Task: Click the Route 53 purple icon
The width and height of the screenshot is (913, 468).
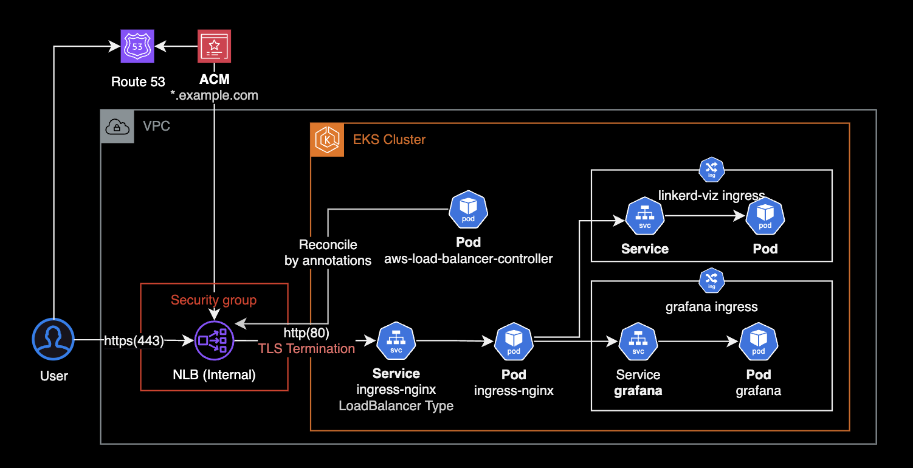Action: click(x=137, y=46)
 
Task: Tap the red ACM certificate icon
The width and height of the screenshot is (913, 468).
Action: click(x=214, y=46)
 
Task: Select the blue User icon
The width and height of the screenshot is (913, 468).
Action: click(x=53, y=339)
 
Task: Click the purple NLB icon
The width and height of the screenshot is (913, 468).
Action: click(x=213, y=341)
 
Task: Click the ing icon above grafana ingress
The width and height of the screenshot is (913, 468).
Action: click(x=711, y=280)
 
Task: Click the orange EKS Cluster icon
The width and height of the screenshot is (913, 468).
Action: click(x=327, y=140)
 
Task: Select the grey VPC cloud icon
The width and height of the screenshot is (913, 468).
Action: click(x=117, y=126)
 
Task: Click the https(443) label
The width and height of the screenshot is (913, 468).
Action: click(x=134, y=341)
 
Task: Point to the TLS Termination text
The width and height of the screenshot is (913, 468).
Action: click(x=306, y=348)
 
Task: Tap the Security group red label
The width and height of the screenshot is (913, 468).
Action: click(x=213, y=300)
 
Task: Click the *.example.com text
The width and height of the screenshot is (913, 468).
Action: click(x=214, y=95)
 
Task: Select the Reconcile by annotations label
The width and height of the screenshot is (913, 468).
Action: click(x=328, y=253)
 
